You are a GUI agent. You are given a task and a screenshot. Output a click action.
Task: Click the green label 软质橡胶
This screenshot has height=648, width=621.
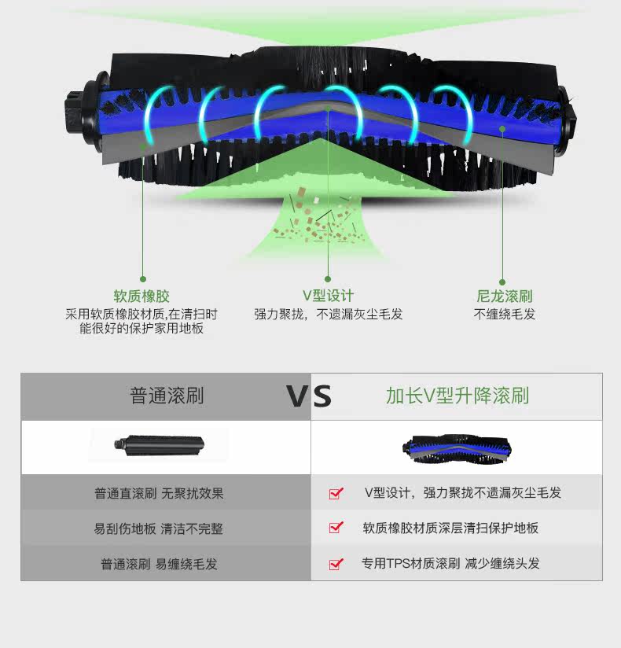pyautogui.click(x=141, y=296)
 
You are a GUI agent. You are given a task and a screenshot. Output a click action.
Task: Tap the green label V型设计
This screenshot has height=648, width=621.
pyautogui.click(x=328, y=296)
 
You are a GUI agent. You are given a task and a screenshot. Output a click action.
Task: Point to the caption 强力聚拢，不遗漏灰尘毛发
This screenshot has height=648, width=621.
pyautogui.click(x=328, y=314)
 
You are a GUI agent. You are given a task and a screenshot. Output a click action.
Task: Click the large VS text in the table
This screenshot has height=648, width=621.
pyautogui.click(x=309, y=396)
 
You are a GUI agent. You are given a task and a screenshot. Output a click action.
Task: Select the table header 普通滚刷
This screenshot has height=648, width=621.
pyautogui.click(x=167, y=396)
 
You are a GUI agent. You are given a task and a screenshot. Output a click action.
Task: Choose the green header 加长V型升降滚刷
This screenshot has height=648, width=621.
pyautogui.click(x=457, y=396)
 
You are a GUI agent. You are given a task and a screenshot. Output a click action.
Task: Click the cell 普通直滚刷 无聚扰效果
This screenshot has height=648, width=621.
pyautogui.click(x=159, y=493)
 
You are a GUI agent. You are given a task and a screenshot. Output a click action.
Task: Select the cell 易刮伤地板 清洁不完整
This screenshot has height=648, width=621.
pyautogui.click(x=159, y=528)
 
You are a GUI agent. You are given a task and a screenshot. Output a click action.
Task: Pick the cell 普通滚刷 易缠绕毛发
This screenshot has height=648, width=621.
pyautogui.click(x=159, y=564)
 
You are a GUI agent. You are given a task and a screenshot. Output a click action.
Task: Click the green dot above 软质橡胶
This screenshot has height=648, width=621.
pyautogui.click(x=142, y=278)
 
